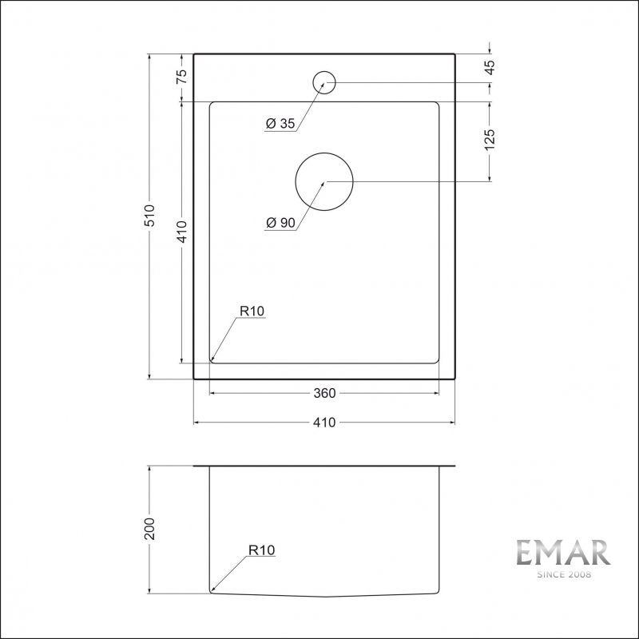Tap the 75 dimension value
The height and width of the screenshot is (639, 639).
(x=181, y=77)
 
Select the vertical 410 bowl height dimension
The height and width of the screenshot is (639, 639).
(x=181, y=232)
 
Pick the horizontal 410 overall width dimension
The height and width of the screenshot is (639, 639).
(x=323, y=423)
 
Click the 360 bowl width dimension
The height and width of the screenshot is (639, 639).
(x=323, y=393)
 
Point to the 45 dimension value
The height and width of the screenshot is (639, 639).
(x=490, y=67)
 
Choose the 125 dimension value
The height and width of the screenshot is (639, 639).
(x=490, y=138)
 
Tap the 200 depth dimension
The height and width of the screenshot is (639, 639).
(x=149, y=529)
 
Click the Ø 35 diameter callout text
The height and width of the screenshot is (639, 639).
(x=280, y=124)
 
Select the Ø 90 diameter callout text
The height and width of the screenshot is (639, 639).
(x=280, y=223)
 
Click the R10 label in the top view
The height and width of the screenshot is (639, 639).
(x=250, y=312)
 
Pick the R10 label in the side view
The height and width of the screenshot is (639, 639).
(x=261, y=550)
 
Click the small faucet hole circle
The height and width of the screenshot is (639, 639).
(x=323, y=81)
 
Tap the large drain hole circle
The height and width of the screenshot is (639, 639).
(x=323, y=182)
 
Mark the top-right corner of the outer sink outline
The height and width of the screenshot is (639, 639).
(x=454, y=54)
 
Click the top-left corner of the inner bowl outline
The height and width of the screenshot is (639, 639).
(x=210, y=102)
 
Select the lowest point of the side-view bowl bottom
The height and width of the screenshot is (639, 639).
(x=323, y=597)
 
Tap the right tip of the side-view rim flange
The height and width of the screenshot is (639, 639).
(x=454, y=466)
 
